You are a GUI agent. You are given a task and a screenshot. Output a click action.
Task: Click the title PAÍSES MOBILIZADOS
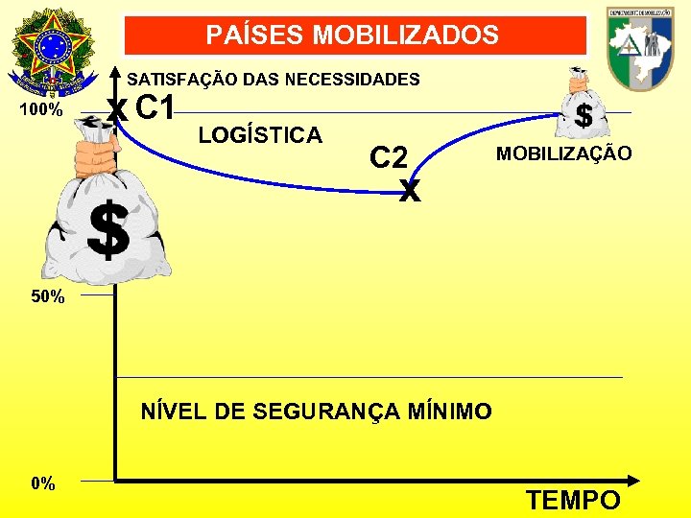(352, 36)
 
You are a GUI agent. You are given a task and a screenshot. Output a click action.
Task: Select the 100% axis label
(42, 110)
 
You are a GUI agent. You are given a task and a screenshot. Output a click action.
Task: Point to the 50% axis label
(48, 296)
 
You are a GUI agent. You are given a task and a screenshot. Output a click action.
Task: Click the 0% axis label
(42, 483)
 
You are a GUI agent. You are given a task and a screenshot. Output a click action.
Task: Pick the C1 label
(155, 108)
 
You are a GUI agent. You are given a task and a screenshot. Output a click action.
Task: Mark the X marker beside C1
(117, 109)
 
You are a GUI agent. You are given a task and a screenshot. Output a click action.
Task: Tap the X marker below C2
(410, 191)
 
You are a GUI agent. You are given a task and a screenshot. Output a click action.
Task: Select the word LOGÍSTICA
(260, 135)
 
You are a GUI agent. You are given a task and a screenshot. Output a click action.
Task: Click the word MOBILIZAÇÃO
(563, 153)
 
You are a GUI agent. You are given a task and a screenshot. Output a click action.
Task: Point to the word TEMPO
(574, 500)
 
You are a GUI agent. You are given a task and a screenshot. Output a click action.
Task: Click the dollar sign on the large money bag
(108, 231)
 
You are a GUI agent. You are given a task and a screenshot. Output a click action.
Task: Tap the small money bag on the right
(580, 106)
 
